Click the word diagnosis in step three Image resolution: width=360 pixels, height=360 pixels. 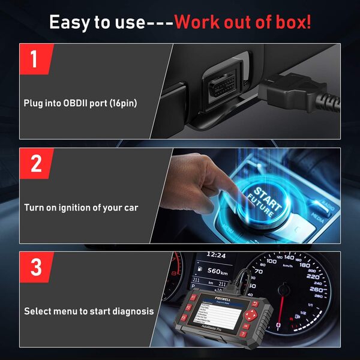pos(131,311)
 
